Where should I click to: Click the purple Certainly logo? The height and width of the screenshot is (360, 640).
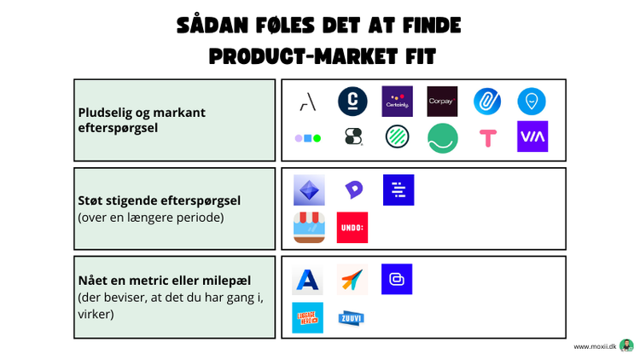(x=397, y=102)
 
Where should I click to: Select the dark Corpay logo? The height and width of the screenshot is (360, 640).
(x=442, y=102)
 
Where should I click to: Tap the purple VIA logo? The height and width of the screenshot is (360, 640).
(x=532, y=136)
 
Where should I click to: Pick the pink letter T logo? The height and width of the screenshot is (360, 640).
(x=487, y=137)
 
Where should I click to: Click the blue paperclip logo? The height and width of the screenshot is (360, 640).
(x=487, y=102)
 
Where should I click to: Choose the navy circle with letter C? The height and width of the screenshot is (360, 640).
(x=352, y=102)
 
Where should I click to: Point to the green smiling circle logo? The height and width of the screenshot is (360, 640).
(x=442, y=137)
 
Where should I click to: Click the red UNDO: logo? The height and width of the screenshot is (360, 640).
(x=352, y=227)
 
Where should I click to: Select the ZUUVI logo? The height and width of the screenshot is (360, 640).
(x=352, y=317)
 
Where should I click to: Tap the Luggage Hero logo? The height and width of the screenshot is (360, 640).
(x=307, y=317)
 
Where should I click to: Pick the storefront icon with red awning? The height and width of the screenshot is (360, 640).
(x=308, y=227)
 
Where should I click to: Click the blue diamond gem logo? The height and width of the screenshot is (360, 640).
(x=308, y=190)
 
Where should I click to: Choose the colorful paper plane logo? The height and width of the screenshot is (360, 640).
(x=352, y=279)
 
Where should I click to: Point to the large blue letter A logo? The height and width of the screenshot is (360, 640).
(x=307, y=280)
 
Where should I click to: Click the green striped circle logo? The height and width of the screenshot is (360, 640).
(x=397, y=136)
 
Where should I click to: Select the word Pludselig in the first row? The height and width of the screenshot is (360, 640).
(x=105, y=113)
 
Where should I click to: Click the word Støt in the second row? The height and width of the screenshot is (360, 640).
(x=91, y=200)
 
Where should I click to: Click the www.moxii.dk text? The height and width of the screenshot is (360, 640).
(x=594, y=346)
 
